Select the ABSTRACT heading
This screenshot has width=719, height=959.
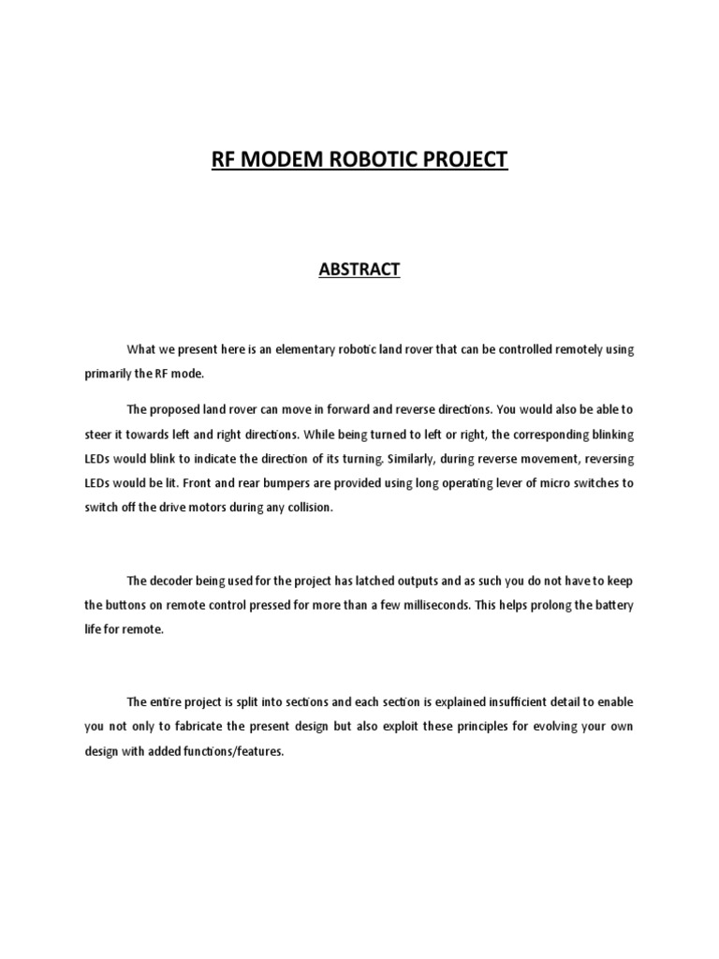pos(359,270)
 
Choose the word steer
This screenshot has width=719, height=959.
pos(96,434)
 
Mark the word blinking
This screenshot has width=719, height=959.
pos(608,434)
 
